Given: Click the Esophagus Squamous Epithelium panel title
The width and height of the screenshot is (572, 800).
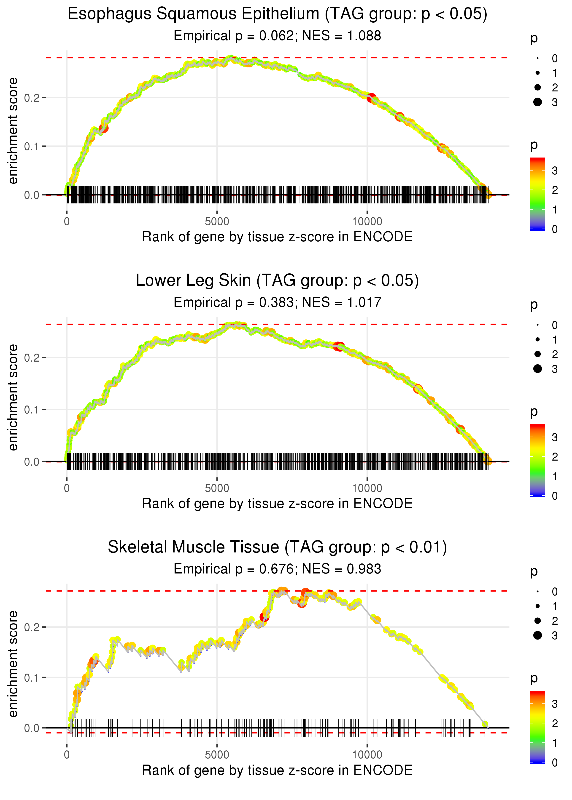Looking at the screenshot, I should (x=277, y=14).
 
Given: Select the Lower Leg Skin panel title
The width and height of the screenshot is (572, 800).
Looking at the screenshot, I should (x=277, y=281).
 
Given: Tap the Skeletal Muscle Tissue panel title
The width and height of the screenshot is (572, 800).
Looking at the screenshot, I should (x=277, y=547).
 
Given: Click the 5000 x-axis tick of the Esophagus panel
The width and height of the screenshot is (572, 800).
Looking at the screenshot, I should (x=217, y=222).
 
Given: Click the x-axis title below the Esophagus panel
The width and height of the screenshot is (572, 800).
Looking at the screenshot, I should (x=277, y=237).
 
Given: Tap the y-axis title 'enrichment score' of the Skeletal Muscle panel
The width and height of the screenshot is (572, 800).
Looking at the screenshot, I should (x=13, y=664).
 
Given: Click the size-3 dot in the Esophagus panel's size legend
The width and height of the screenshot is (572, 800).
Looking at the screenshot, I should (x=537, y=102).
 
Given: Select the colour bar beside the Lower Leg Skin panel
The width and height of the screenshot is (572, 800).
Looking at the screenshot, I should (x=537, y=461).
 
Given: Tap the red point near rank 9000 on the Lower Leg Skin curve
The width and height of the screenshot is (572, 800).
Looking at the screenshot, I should (x=339, y=347).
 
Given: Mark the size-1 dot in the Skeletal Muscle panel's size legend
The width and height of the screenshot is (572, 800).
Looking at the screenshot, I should (x=537, y=606).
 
